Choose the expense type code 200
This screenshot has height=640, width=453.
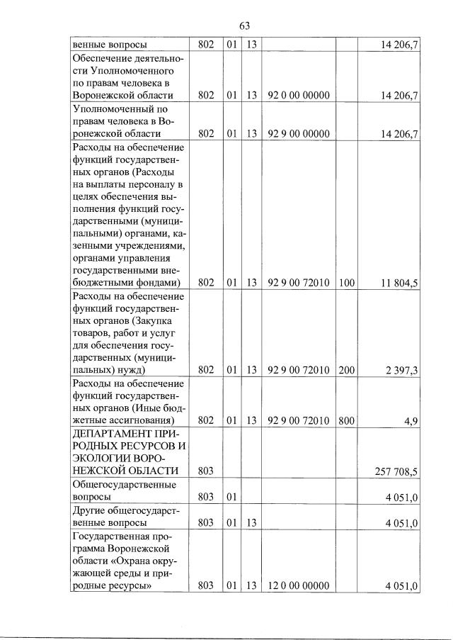tap(346, 369)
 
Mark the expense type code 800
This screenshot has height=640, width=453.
tap(346, 420)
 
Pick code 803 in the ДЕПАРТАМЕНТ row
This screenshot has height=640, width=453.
tap(206, 471)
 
